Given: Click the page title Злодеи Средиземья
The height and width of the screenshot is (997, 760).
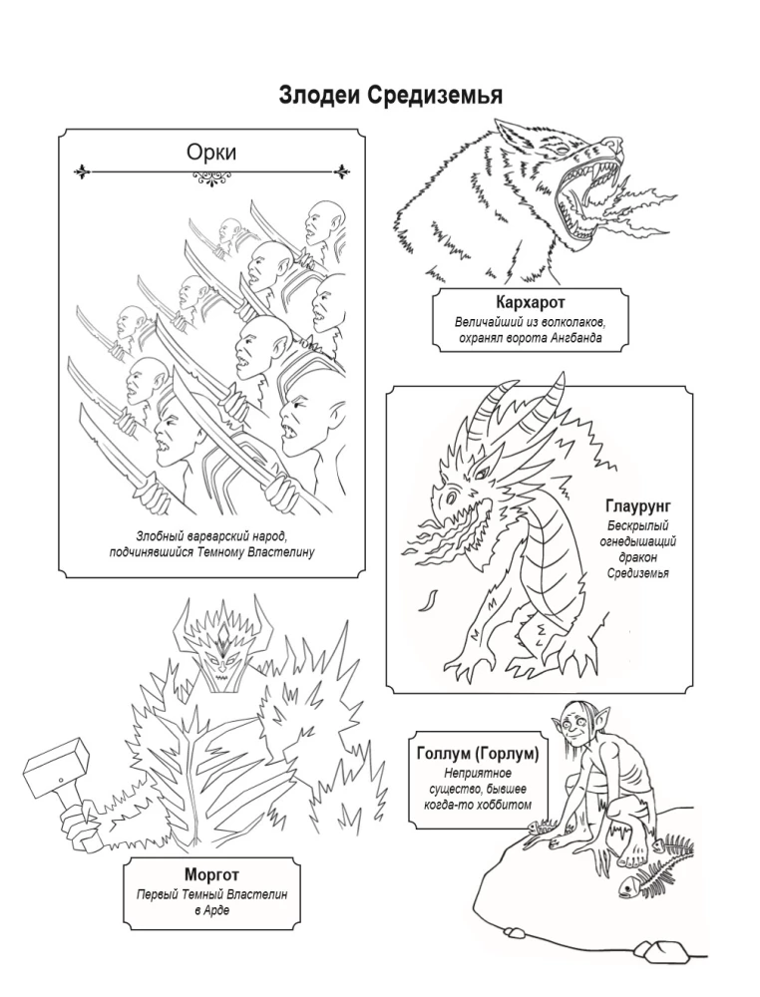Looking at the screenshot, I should click(390, 95).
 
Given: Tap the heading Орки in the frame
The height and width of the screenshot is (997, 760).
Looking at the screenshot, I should click(210, 152).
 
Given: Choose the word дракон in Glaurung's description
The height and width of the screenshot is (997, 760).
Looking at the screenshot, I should click(637, 557).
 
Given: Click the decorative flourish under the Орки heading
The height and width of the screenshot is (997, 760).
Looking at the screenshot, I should click(210, 177).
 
